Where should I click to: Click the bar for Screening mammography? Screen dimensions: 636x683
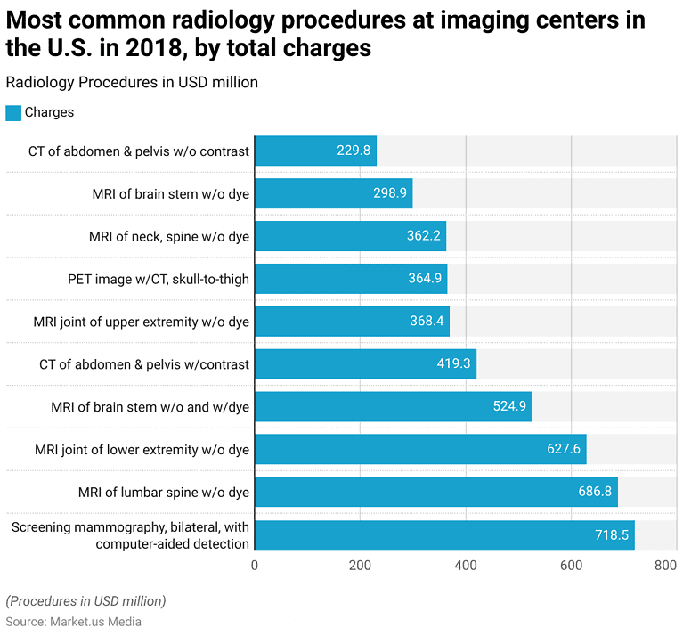[x=444, y=535]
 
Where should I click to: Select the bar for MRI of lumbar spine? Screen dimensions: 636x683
[x=436, y=492]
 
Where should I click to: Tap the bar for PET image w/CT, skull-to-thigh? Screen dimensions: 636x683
[x=351, y=279]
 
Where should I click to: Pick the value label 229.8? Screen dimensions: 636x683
[x=354, y=151]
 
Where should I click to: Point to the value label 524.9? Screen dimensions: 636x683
[x=508, y=407]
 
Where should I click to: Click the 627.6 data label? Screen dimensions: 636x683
[x=564, y=449]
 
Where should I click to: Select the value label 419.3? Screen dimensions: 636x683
[x=454, y=364]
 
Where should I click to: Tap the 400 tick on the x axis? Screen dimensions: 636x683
[x=465, y=565]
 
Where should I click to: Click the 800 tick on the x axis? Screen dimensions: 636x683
[x=665, y=565]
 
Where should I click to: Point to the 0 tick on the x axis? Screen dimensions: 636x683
[x=255, y=565]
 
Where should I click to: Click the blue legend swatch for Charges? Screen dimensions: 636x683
[x=13, y=112]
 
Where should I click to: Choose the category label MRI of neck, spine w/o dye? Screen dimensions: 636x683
[x=169, y=236]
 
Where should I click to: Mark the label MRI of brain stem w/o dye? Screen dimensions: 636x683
[x=171, y=193]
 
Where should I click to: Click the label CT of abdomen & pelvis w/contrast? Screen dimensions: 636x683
[x=144, y=364]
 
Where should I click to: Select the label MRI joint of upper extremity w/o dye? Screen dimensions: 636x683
[x=141, y=322]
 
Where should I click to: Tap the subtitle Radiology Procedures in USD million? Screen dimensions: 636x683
[x=132, y=82]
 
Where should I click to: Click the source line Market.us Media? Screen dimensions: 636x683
[x=73, y=622]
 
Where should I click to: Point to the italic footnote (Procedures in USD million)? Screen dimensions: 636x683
[x=85, y=600]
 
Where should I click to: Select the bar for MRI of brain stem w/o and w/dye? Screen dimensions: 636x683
[x=393, y=407]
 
